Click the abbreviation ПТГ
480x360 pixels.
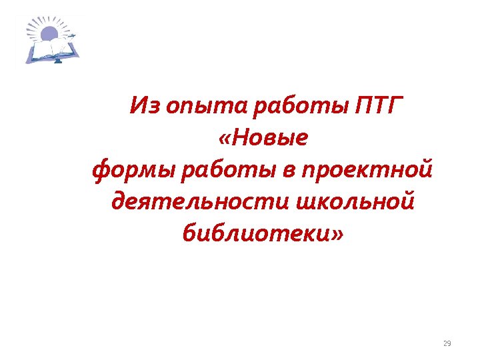(377, 105)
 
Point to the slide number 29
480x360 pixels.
(447, 343)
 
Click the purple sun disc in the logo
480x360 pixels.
(51, 33)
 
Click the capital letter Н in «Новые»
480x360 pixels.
(243, 137)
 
